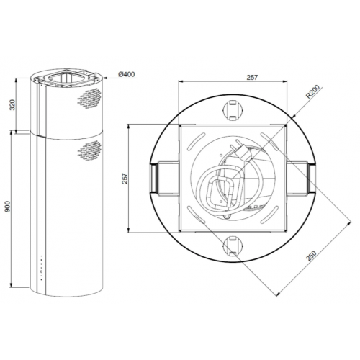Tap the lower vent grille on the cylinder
(x=89, y=150)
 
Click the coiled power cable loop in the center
(x=220, y=191)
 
